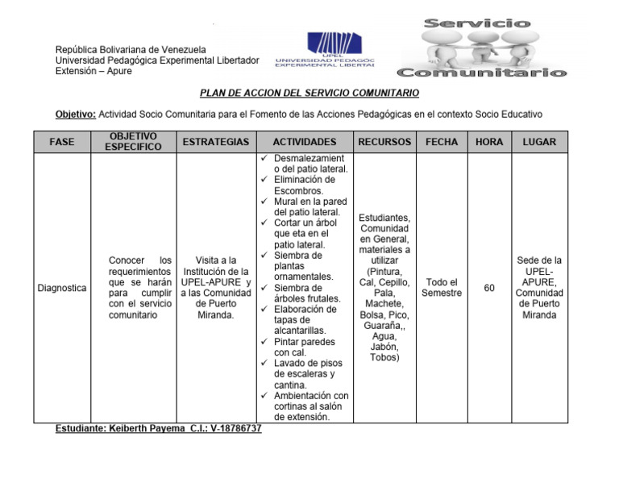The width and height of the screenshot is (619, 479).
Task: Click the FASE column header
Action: point(61,142)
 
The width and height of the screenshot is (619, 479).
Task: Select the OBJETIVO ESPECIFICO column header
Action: point(133,142)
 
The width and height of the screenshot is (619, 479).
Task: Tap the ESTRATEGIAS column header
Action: point(215,142)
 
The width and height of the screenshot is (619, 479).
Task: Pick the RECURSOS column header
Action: point(384,142)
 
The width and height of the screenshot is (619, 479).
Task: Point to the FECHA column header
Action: point(441,142)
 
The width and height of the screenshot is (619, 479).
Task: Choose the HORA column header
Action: point(489,142)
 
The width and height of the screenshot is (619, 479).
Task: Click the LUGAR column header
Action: point(539,142)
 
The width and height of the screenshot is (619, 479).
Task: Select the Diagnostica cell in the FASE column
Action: point(62,288)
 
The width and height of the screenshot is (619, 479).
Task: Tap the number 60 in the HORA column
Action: point(489,288)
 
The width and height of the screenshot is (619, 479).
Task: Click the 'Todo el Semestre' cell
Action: point(441,288)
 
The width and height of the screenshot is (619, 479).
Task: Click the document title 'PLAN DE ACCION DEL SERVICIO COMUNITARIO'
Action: point(309,94)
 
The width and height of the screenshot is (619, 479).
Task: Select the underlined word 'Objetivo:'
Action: point(75,115)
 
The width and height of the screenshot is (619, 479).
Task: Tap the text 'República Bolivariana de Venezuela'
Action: point(131,50)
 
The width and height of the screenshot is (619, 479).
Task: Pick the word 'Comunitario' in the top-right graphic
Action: point(493,73)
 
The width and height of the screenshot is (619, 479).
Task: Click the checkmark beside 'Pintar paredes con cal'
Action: point(265,342)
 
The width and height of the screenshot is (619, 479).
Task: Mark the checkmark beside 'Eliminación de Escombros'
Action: point(265,180)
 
